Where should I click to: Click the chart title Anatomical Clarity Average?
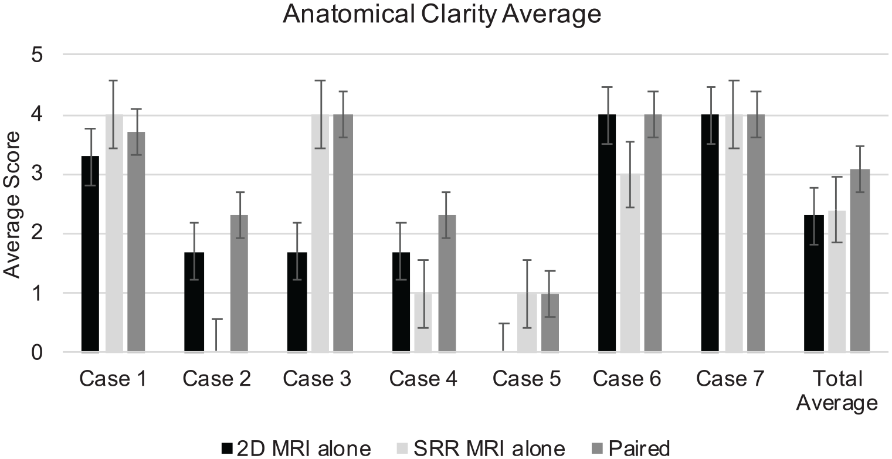pyautogui.click(x=442, y=14)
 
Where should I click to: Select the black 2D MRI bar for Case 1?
pyautogui.click(x=90, y=254)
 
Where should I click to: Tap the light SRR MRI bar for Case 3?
pyautogui.click(x=320, y=233)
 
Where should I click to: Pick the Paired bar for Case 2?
pyautogui.click(x=239, y=284)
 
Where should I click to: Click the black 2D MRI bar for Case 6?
pyautogui.click(x=607, y=233)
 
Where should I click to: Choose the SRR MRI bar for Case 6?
pyautogui.click(x=630, y=263)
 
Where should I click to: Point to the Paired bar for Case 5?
pyautogui.click(x=550, y=323)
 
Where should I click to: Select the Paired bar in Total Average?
pyautogui.click(x=860, y=261)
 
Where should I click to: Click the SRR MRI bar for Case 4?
pyautogui.click(x=423, y=323)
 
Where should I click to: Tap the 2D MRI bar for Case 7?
pyautogui.click(x=710, y=233)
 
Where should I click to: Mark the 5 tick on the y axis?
pyautogui.click(x=37, y=55)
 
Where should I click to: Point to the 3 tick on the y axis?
pyautogui.click(x=37, y=174)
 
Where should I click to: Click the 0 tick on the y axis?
pyautogui.click(x=37, y=352)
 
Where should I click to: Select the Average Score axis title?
pyautogui.click(x=11, y=205)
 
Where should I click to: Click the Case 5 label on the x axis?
pyautogui.click(x=527, y=379)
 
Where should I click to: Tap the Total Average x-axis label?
pyautogui.click(x=837, y=391)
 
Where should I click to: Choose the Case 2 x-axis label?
pyautogui.click(x=216, y=379)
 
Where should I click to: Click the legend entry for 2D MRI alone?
pyautogui.click(x=296, y=448)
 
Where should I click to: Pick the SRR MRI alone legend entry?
pyautogui.click(x=481, y=448)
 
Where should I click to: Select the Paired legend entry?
pyautogui.click(x=631, y=448)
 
